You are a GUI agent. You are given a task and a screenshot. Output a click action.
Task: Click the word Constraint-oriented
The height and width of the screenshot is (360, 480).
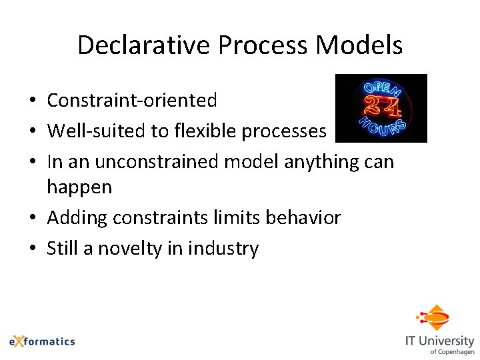click(131, 101)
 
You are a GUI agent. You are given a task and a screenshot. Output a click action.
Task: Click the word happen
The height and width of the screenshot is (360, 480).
click(79, 187)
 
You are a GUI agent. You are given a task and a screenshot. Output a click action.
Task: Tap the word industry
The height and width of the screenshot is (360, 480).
click(223, 249)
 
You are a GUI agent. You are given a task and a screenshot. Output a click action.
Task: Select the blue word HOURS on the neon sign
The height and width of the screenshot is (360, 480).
click(381, 128)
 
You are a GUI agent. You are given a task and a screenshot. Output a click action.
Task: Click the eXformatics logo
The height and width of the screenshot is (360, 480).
click(41, 341)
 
